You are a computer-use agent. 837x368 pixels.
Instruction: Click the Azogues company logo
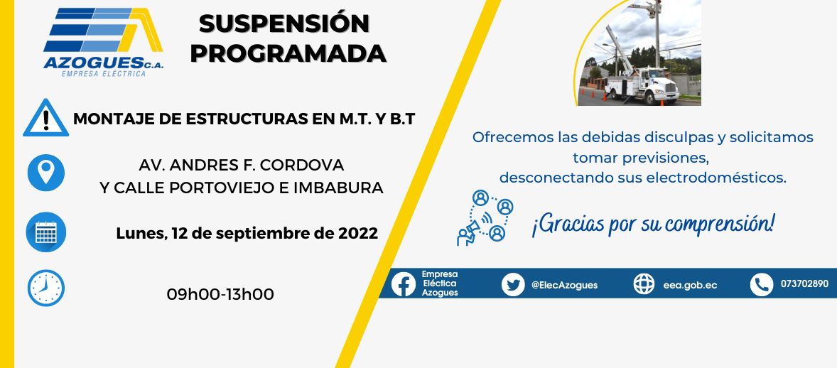click(x=103, y=42)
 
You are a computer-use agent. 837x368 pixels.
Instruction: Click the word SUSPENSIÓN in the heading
click(x=284, y=23)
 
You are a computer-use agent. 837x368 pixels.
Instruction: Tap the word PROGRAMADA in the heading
click(x=288, y=53)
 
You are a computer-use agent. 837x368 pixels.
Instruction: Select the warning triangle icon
click(x=46, y=118)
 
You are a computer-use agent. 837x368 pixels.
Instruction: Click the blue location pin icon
click(x=46, y=173)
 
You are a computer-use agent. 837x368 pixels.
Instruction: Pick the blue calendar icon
click(x=46, y=232)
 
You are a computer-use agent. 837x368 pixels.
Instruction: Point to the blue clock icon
click(x=46, y=288)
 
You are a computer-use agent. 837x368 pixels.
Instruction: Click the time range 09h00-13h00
click(x=220, y=294)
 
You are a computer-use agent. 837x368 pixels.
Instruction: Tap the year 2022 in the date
click(x=358, y=234)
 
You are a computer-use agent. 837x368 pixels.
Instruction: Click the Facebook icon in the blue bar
click(x=404, y=284)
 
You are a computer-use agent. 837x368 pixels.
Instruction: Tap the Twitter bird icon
click(x=513, y=284)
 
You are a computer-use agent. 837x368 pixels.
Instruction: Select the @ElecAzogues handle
click(x=564, y=285)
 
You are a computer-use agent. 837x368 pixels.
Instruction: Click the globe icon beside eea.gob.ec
click(x=644, y=284)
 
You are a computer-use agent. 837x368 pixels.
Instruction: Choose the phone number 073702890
click(x=804, y=284)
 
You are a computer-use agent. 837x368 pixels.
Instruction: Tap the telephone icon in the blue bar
click(x=762, y=284)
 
